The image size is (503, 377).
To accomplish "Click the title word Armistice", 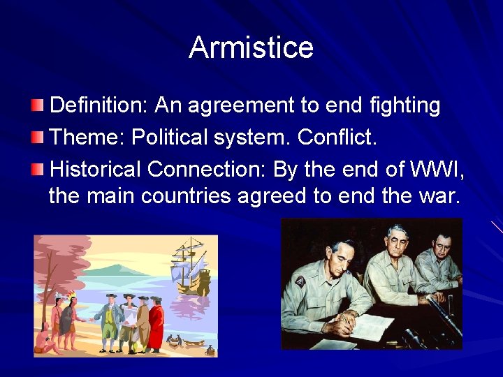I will click(251, 47).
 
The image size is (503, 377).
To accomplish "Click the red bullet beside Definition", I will click(38, 105).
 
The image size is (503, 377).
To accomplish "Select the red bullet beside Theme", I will click(38, 137).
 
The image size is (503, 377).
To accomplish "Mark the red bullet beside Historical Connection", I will click(38, 168).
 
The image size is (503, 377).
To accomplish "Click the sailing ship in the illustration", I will click(189, 265).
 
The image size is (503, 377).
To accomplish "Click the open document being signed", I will click(374, 326).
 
